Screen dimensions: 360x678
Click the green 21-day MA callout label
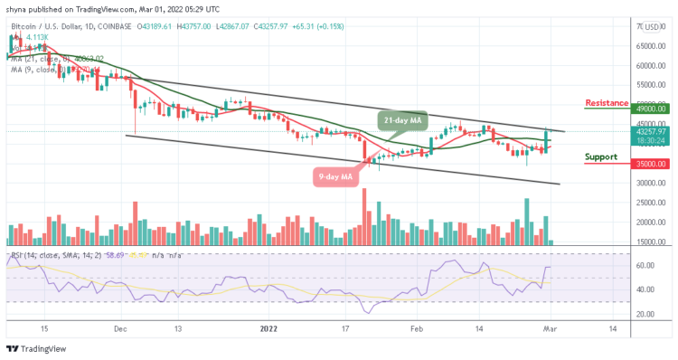click(x=401, y=121)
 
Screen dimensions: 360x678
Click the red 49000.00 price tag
click(x=650, y=109)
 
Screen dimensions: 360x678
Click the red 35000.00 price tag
click(x=650, y=164)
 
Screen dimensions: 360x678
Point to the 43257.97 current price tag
click(x=650, y=131)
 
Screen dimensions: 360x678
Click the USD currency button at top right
click(x=651, y=26)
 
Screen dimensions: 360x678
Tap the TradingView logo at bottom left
click(x=36, y=349)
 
